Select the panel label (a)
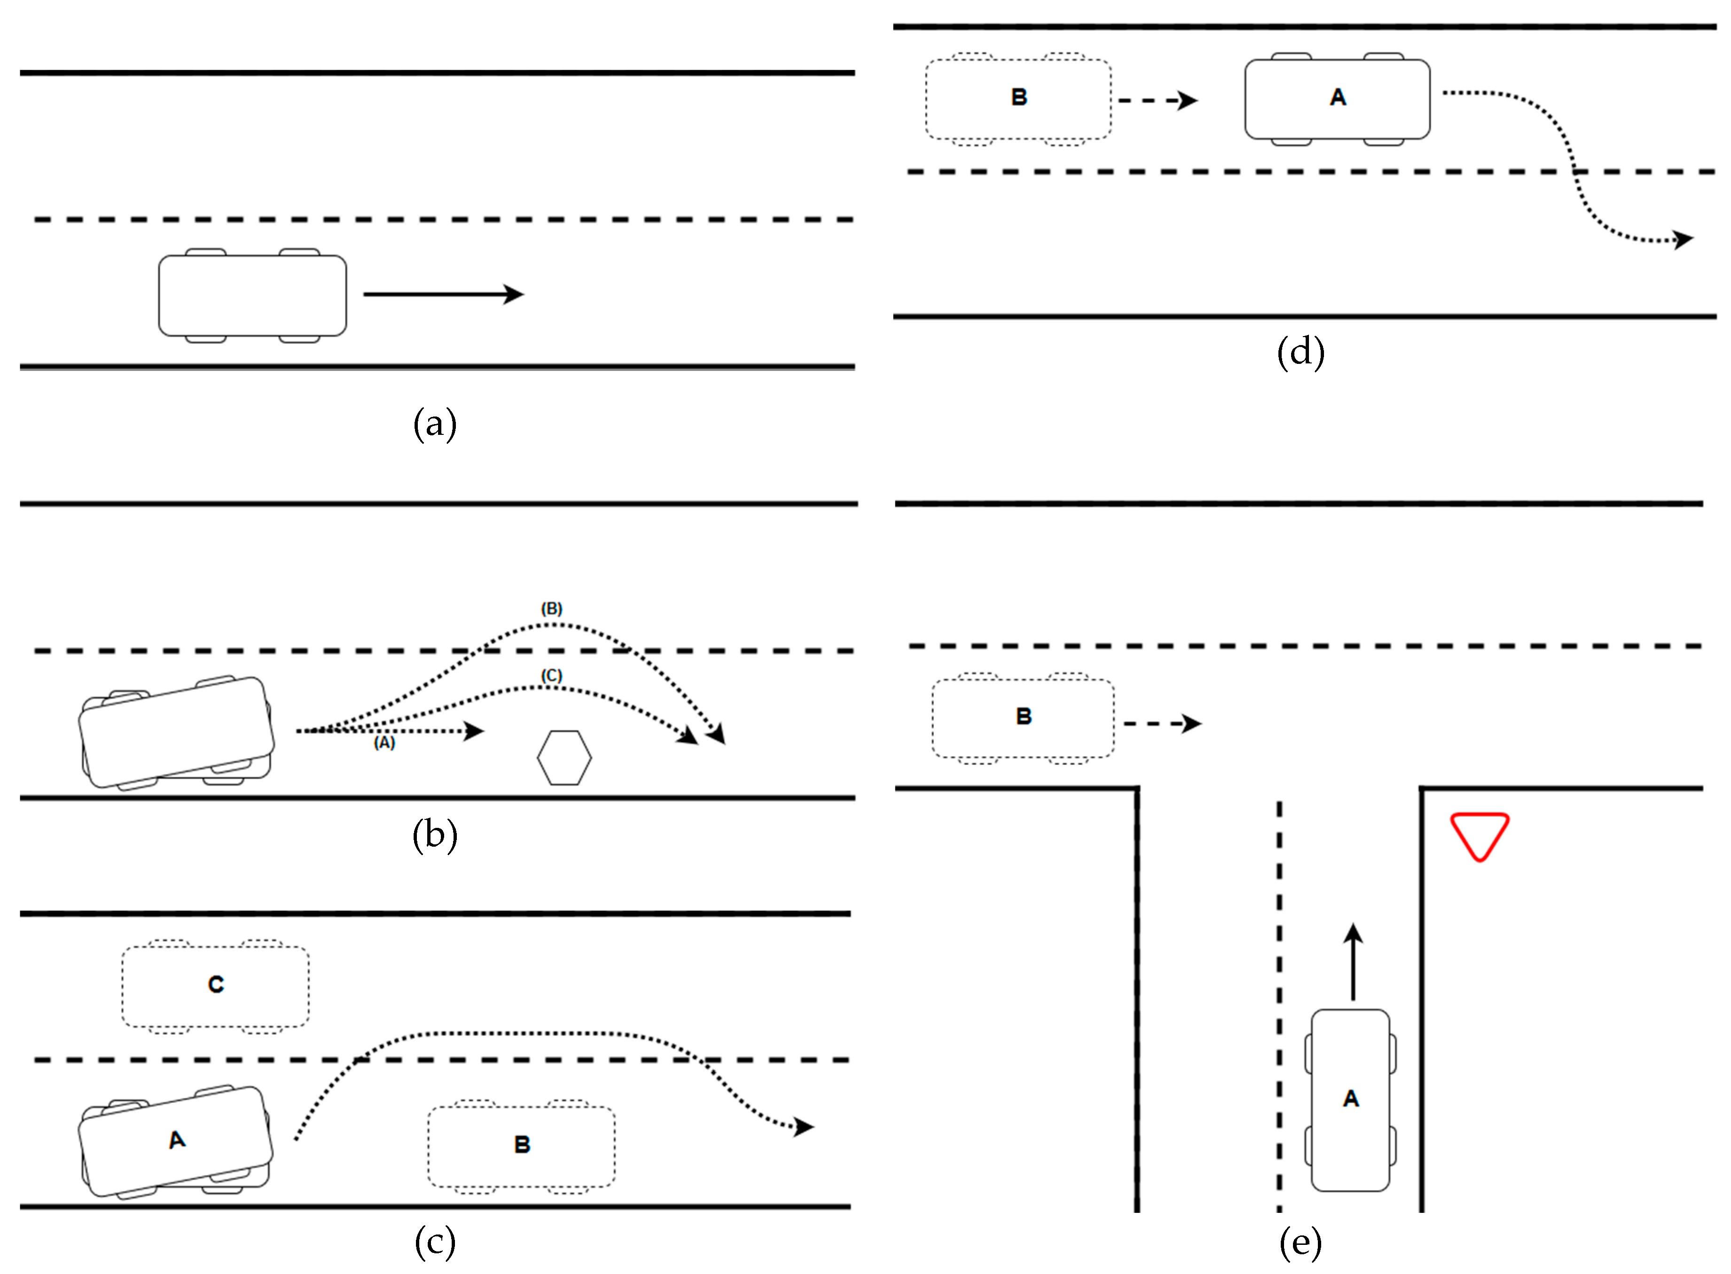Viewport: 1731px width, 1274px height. [x=435, y=424]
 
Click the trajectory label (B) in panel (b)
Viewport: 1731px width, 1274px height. [x=551, y=608]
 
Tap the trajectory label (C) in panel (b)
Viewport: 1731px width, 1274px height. [x=551, y=676]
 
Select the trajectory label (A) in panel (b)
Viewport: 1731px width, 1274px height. [x=384, y=743]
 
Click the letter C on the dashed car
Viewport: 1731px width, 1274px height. [x=216, y=985]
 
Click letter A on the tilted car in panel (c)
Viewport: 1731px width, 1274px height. [x=177, y=1140]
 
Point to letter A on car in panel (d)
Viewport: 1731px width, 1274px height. [x=1338, y=97]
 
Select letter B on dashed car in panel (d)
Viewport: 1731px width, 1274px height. [x=1018, y=97]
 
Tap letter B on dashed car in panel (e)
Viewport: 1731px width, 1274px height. [x=1023, y=716]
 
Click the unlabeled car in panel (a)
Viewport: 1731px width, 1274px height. [x=252, y=295]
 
